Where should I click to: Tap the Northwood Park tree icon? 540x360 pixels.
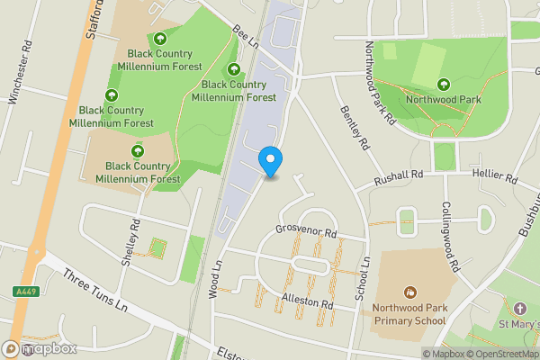(443, 84)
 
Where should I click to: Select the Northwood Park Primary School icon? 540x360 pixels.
(410, 292)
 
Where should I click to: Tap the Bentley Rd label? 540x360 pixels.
(355, 127)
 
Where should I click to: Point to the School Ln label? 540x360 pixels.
(365, 279)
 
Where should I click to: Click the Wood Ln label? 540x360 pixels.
(216, 279)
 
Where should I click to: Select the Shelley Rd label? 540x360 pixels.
(131, 242)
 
